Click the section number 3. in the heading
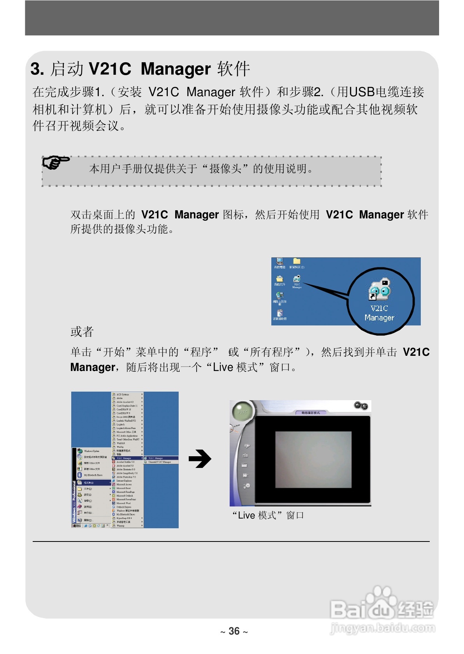pos(37,69)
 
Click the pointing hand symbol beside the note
pos(56,162)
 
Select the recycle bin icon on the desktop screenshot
pos(279,313)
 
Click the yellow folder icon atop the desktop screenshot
pos(297,261)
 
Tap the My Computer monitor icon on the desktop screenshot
pos(279,261)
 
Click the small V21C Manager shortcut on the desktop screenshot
pos(297,279)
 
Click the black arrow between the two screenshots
pos(200,459)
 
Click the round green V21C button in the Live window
pos(242,411)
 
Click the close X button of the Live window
pos(365,406)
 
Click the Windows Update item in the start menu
pos(91,451)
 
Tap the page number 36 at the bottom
pos(234,631)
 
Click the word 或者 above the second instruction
pos(82,332)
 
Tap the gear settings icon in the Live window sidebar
pos(246,486)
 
